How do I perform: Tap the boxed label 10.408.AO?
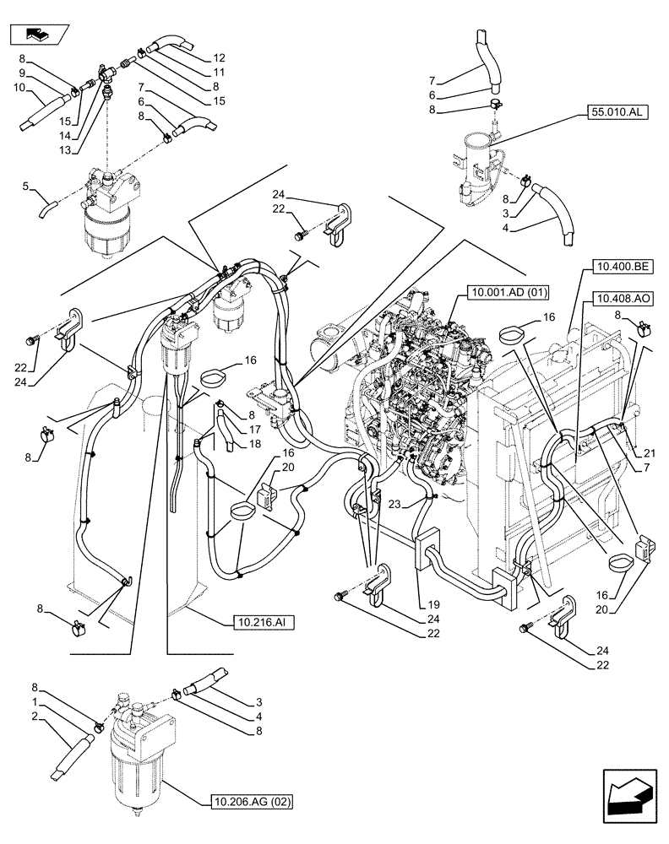[620, 299]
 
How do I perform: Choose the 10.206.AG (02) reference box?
[251, 801]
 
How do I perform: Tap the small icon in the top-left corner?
[38, 35]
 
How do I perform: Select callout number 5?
[26, 185]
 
